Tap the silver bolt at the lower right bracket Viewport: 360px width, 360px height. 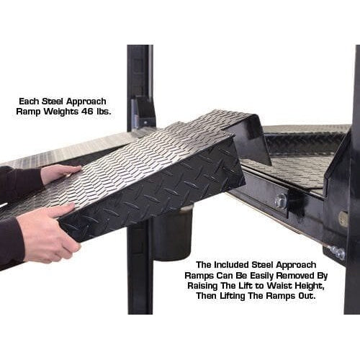point(336,252)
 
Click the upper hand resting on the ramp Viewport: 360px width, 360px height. point(59,173)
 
